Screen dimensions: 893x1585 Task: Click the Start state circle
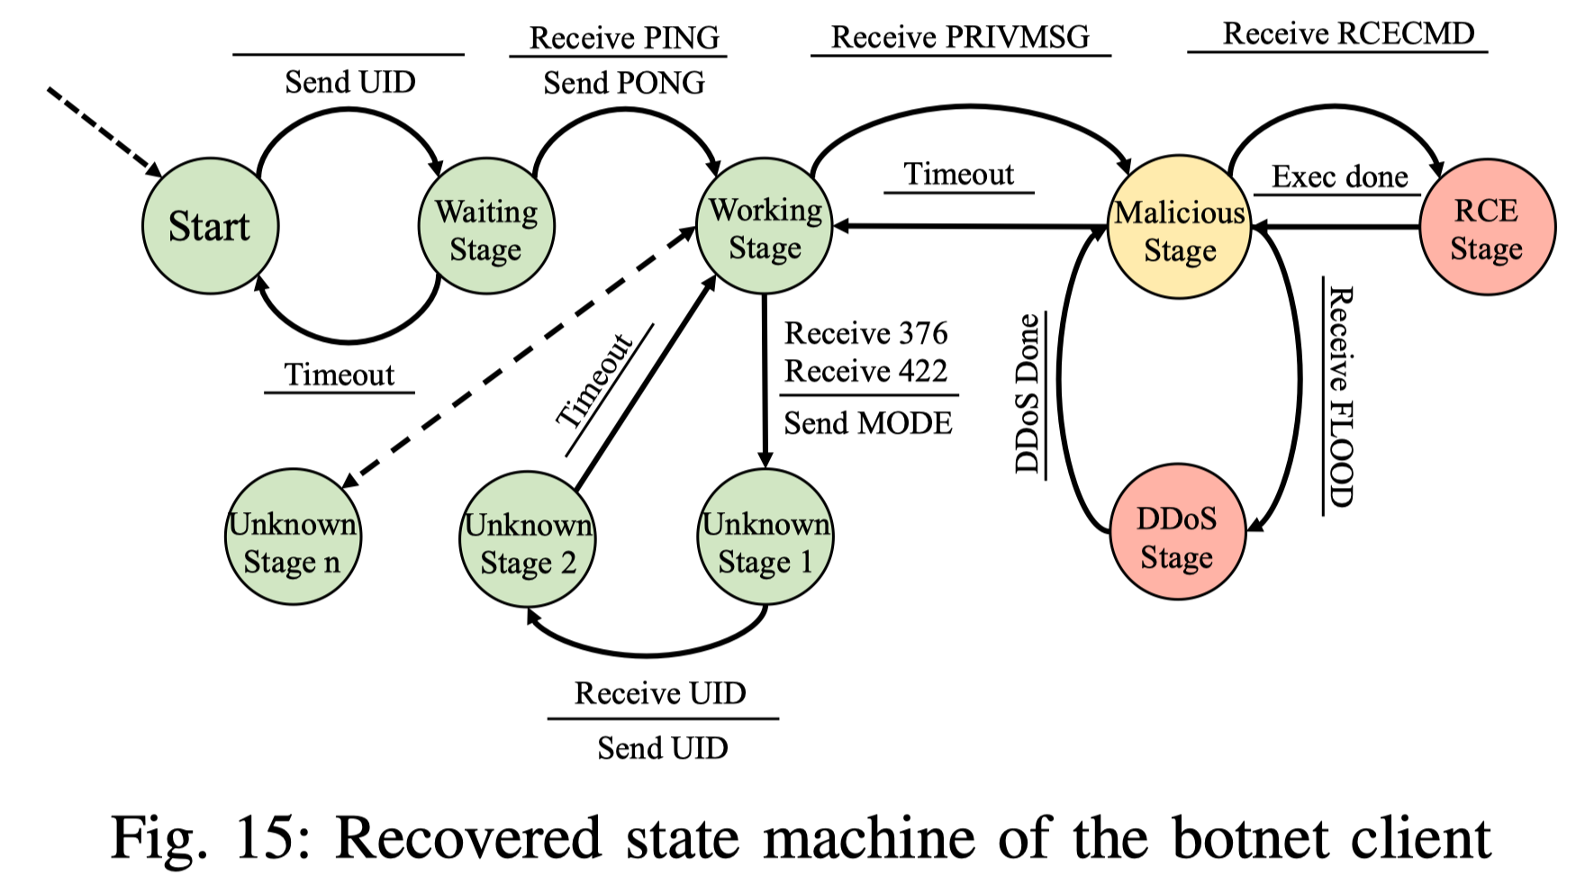(210, 226)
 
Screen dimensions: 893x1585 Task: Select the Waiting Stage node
(486, 227)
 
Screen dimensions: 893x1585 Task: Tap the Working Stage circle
(765, 226)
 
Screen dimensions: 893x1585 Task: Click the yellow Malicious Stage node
(1179, 229)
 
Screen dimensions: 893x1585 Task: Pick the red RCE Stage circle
(1486, 228)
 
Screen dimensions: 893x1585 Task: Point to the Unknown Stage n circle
(292, 537)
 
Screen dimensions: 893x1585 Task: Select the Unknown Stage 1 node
(765, 537)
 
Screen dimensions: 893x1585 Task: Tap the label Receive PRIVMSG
(960, 37)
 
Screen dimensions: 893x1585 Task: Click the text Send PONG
(624, 83)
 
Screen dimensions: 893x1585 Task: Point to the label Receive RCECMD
(1348, 33)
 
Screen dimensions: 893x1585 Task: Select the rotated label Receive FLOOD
(1339, 397)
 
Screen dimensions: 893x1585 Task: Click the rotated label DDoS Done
(1028, 394)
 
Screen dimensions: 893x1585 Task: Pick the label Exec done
(1339, 176)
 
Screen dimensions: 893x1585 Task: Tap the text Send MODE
(867, 423)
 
